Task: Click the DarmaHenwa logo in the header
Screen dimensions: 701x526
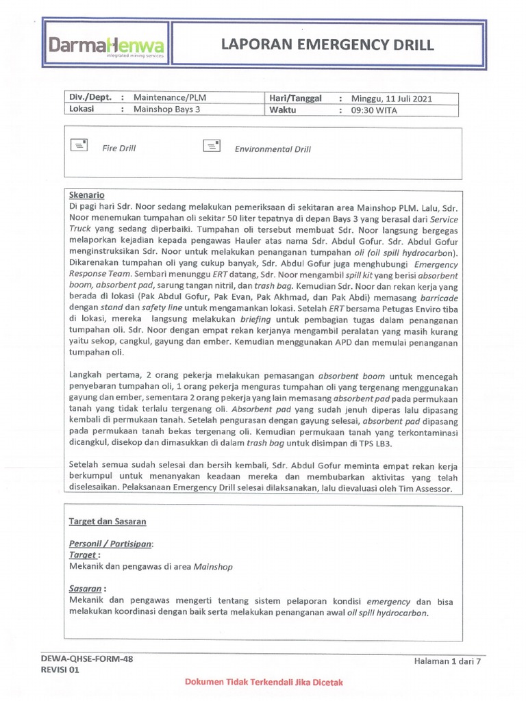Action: pyautogui.click(x=106, y=47)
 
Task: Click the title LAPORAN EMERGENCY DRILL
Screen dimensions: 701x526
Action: pyautogui.click(x=327, y=46)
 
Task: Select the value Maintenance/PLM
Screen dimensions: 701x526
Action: pyautogui.click(x=169, y=97)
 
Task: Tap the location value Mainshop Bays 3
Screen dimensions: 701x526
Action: pyautogui.click(x=167, y=110)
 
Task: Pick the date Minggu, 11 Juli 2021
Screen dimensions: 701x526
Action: pyautogui.click(x=392, y=98)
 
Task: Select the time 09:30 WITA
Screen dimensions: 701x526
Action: pyautogui.click(x=374, y=110)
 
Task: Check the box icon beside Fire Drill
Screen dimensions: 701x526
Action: pyautogui.click(x=79, y=145)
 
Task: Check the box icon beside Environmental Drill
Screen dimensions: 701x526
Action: pyautogui.click(x=212, y=145)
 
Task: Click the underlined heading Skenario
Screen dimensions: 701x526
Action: pyautogui.click(x=87, y=195)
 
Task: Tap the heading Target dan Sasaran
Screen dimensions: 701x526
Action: pyautogui.click(x=108, y=521)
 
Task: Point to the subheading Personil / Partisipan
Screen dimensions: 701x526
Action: pyautogui.click(x=112, y=544)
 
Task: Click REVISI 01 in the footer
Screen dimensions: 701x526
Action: pyautogui.click(x=60, y=670)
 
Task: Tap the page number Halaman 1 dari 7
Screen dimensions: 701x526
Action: pyautogui.click(x=448, y=661)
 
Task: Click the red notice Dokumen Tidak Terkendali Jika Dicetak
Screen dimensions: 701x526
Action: pyautogui.click(x=264, y=683)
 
